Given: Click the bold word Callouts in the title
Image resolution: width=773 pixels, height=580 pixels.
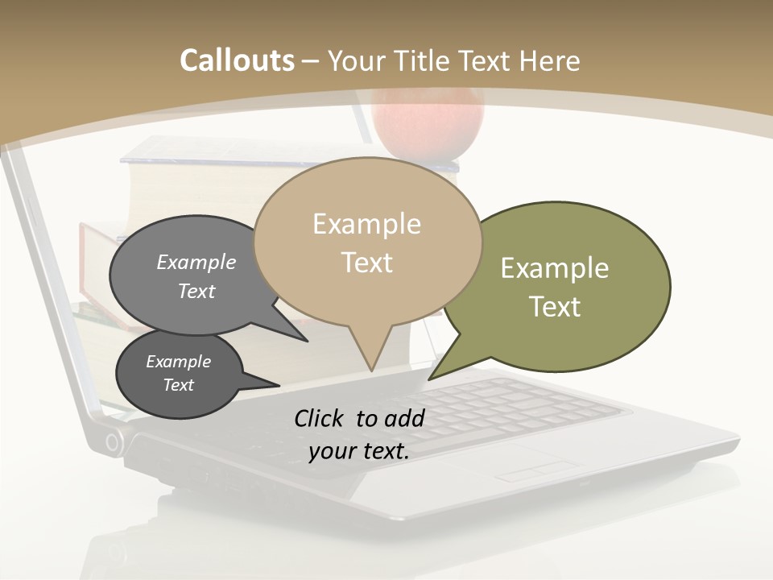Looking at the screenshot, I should point(237,60).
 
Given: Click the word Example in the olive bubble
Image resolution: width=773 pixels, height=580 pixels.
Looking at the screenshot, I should point(555,268).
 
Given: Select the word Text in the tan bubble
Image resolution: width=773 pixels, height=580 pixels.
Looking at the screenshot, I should point(367,263).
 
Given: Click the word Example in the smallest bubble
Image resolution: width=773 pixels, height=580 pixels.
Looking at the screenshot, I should point(178,362).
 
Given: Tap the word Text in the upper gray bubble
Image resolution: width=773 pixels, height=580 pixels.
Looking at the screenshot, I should point(196,291).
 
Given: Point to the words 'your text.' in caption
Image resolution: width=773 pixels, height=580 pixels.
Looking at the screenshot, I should point(359,451).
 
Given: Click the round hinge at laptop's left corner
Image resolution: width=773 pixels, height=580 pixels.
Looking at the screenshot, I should point(114,441).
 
